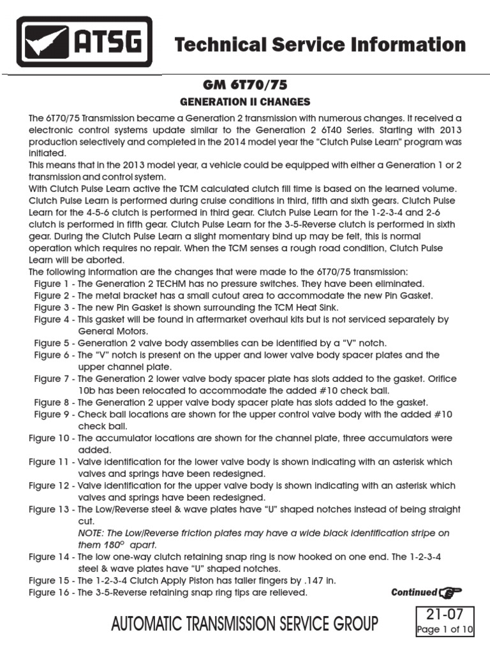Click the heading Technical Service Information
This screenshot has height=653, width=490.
pyautogui.click(x=320, y=45)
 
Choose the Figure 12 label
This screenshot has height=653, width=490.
pyautogui.click(x=50, y=485)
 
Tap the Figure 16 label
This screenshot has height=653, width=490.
pyautogui.click(x=50, y=592)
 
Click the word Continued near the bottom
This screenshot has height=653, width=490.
pyautogui.click(x=414, y=592)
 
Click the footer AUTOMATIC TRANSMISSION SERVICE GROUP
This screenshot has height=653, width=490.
pyautogui.click(x=244, y=624)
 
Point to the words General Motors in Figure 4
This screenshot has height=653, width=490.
pyautogui.click(x=113, y=331)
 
